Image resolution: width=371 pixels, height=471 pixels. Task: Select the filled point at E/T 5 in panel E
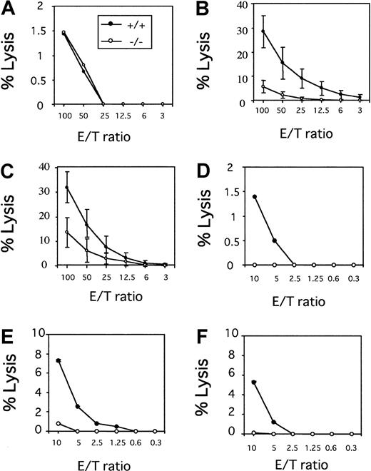77,407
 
